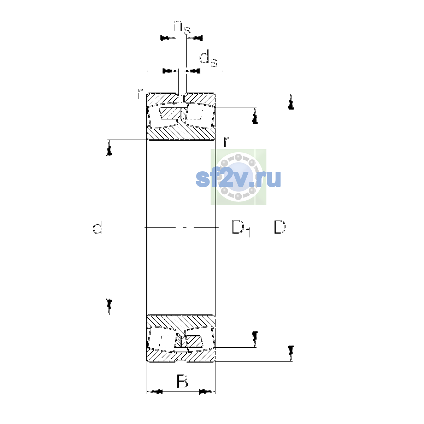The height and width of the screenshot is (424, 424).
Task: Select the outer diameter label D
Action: pyautogui.click(x=279, y=226)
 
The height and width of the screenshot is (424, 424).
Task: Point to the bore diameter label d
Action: pyautogui.click(x=98, y=227)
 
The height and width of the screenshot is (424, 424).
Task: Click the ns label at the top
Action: pyautogui.click(x=182, y=28)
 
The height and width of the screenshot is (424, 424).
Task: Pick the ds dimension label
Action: pyautogui.click(x=208, y=59)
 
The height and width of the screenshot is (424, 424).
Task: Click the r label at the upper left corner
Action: pyautogui.click(x=140, y=93)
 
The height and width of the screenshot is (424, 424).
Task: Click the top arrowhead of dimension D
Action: pyautogui.click(x=291, y=101)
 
